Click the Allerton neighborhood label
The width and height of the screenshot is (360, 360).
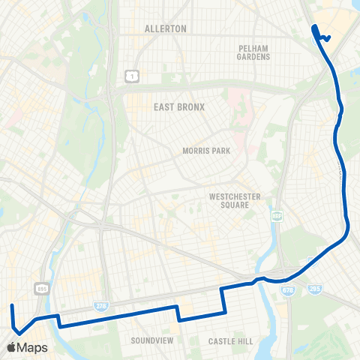coord(165,28)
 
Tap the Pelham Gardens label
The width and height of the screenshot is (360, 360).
coord(253,52)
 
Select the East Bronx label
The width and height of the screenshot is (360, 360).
coord(179,107)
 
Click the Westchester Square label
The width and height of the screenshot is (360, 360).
coord(235,202)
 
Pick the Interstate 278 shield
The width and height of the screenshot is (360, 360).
coord(102,306)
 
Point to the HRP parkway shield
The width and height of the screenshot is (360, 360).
coord(276,217)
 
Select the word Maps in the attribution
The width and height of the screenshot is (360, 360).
coord(34,347)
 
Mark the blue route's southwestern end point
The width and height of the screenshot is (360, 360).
coord(11,306)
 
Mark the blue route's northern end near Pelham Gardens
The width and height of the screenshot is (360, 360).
coord(313,28)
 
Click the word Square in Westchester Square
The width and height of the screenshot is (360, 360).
coord(235,207)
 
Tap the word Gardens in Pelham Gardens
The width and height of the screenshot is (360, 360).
coord(253,57)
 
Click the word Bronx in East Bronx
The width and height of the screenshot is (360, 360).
coord(190,107)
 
